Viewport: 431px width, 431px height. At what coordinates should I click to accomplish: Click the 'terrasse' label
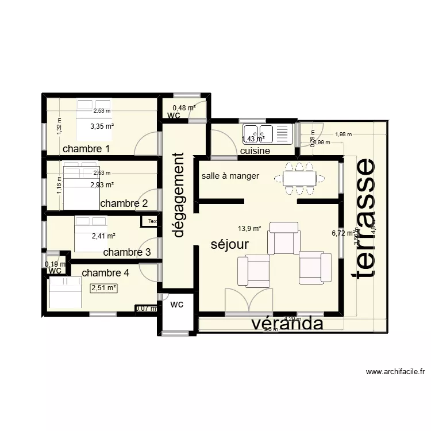[365, 218]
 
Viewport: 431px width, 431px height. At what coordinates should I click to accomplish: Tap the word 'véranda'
[287, 324]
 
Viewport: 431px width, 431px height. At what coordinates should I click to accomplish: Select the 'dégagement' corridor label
[179, 195]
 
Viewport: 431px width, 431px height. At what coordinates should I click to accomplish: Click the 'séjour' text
[229, 244]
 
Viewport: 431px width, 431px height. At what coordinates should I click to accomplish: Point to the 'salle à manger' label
[230, 176]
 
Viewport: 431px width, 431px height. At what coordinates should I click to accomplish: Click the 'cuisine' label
[255, 151]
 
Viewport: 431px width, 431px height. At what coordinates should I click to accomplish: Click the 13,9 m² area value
[249, 228]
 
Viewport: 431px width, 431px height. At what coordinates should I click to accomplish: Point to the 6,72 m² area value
[343, 233]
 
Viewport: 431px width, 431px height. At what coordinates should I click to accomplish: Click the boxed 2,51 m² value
[103, 288]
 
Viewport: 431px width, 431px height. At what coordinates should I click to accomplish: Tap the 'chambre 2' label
[124, 203]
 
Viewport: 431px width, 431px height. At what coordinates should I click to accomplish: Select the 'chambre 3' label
[127, 252]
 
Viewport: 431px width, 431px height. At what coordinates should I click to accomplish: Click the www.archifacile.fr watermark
[395, 372]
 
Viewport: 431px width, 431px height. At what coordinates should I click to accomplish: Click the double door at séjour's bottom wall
[248, 302]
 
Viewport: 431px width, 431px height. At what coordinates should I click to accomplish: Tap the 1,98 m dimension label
[343, 134]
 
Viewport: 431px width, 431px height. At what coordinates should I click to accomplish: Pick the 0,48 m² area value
[184, 107]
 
